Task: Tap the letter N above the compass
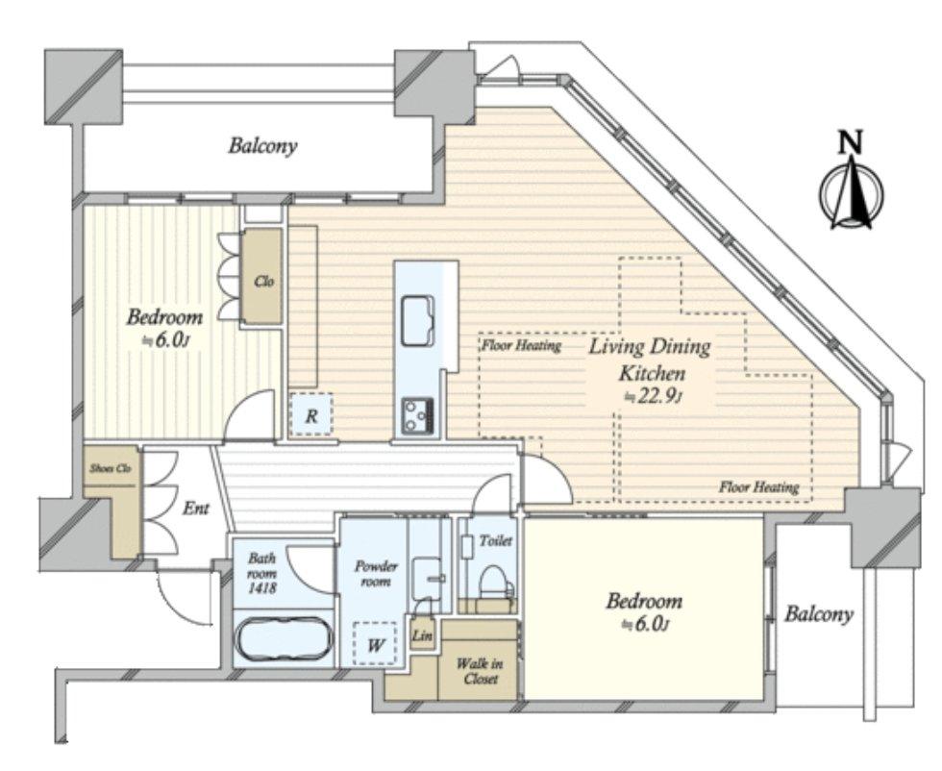(850, 142)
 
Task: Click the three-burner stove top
(418, 415)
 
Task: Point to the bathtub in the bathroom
(283, 640)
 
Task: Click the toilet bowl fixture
(494, 582)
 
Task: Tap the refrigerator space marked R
(310, 414)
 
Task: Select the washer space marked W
(375, 645)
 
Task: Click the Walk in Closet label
(479, 671)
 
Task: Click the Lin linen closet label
(422, 634)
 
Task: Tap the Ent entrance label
(196, 509)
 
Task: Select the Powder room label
(376, 574)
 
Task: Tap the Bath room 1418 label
(261, 573)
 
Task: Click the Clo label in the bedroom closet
(263, 281)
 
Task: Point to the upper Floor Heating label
(521, 345)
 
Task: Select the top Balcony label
(262, 146)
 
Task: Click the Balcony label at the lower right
(819, 614)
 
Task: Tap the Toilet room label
(496, 541)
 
